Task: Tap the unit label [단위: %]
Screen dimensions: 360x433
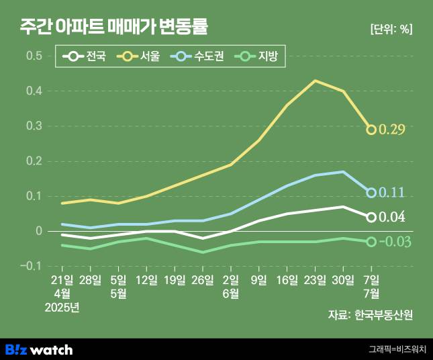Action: pos(391,29)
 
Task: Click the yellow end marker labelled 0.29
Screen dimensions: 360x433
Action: pos(371,130)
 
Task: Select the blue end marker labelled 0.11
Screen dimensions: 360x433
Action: pos(371,193)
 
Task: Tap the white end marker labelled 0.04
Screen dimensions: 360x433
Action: pos(371,217)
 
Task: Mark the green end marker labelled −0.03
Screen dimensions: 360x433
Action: pos(371,242)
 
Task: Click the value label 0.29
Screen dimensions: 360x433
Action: pos(392,130)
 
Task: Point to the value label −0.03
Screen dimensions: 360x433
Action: pos(395,242)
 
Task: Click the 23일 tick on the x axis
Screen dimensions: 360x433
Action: pos(316,279)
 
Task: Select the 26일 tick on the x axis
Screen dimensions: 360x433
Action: pos(203,279)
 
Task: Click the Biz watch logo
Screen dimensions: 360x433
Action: pos(39,349)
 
